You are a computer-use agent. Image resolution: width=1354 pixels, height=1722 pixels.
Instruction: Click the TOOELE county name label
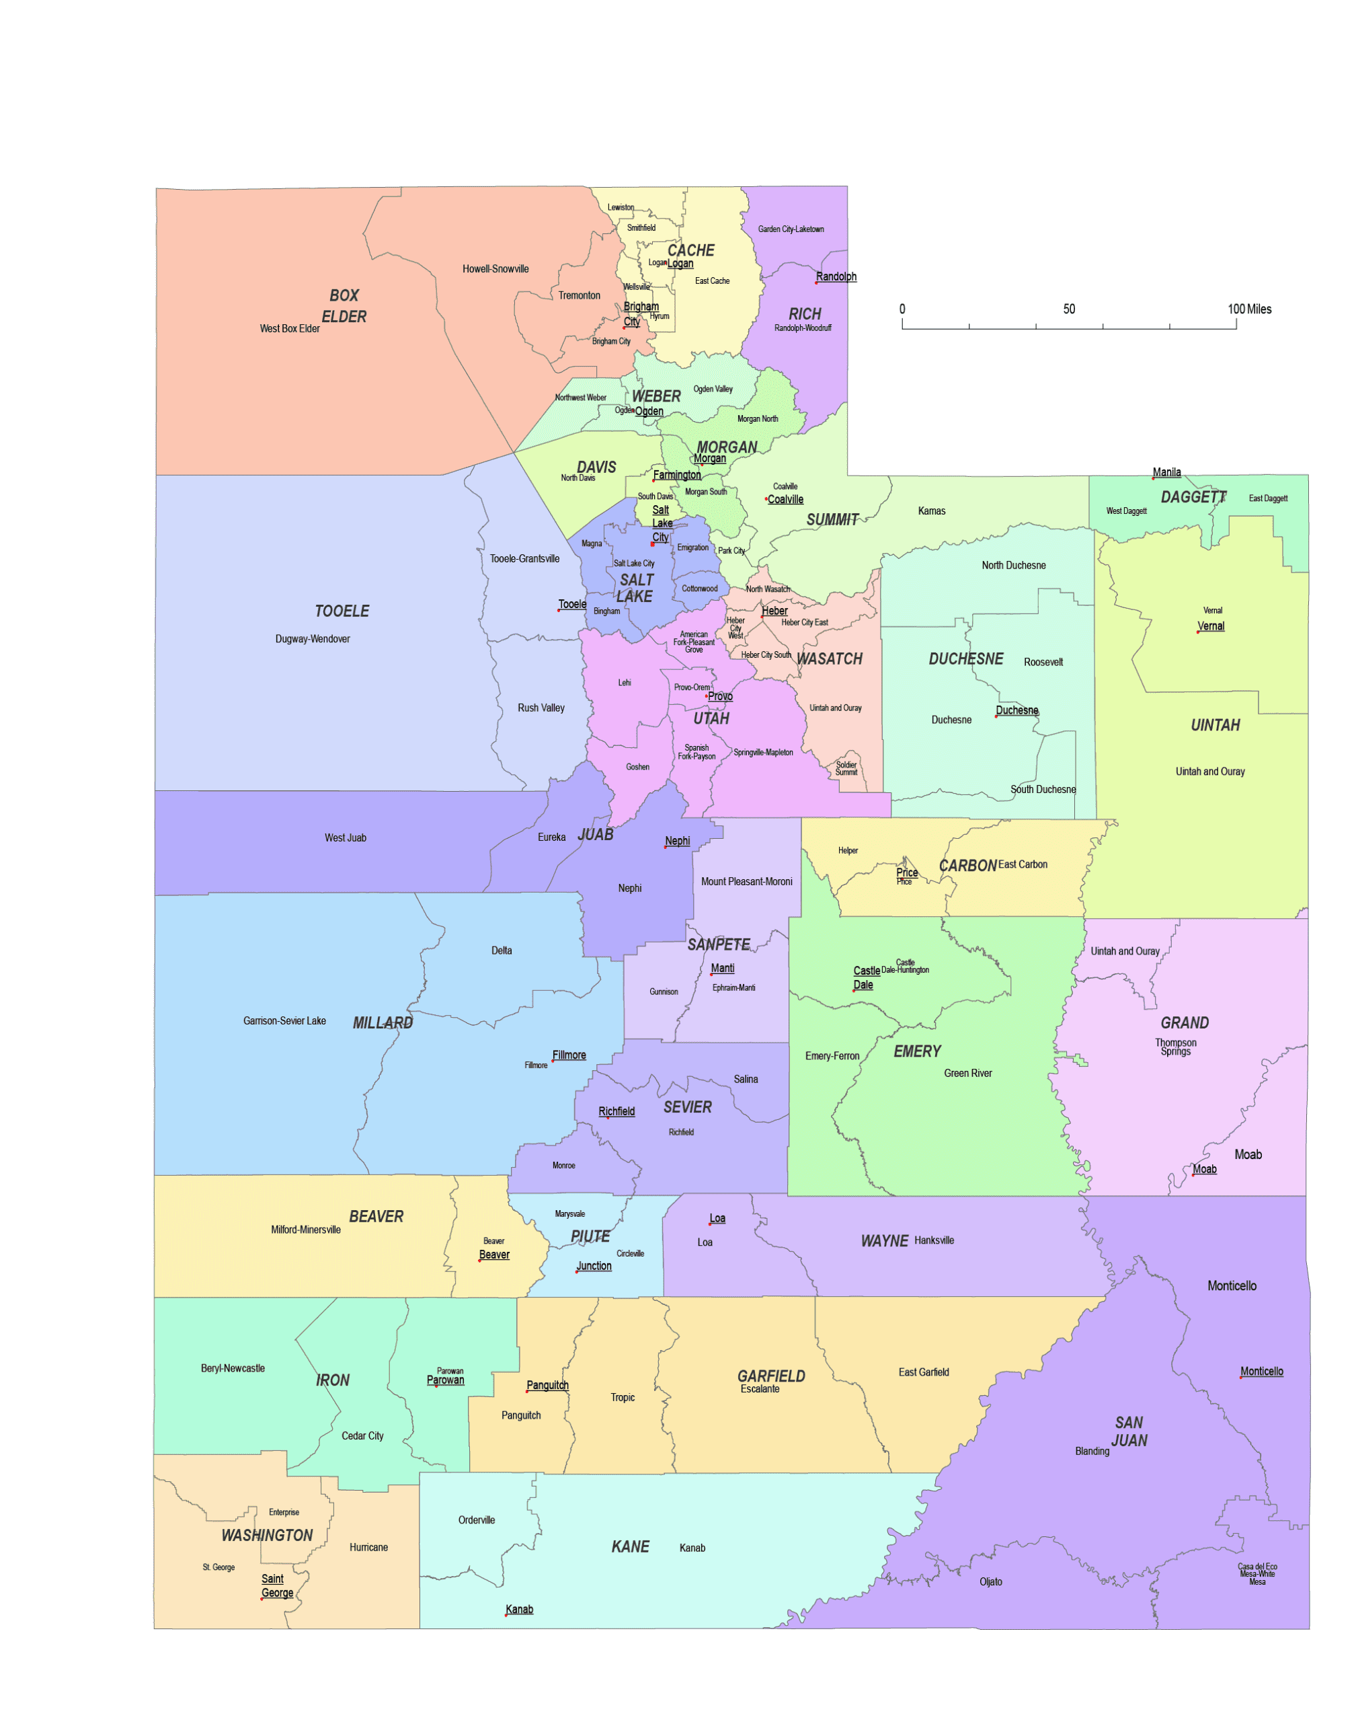point(342,611)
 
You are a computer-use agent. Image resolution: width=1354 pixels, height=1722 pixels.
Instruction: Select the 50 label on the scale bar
point(1069,309)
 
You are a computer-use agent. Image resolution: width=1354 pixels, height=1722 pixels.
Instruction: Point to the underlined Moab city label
point(1204,1169)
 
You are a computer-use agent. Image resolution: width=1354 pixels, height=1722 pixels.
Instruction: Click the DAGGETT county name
point(1193,497)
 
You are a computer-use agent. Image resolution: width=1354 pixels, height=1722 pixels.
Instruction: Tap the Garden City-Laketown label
point(791,229)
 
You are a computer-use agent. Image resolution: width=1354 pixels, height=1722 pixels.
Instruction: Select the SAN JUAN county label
point(1129,1431)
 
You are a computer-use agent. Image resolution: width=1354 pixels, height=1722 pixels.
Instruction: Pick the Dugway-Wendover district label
point(313,638)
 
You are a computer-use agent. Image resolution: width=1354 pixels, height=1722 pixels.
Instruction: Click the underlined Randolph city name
point(836,277)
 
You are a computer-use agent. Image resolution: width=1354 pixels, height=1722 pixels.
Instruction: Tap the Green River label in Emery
point(967,1073)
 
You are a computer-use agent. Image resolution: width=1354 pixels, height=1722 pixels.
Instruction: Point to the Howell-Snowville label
point(495,269)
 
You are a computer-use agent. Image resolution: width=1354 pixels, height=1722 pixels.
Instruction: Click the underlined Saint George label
point(277,1585)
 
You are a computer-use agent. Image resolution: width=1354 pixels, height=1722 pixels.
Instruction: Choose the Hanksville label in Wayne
point(934,1240)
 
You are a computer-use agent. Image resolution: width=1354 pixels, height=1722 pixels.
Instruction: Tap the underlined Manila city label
point(1166,472)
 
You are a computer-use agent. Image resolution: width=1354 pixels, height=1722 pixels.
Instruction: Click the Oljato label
point(990,1581)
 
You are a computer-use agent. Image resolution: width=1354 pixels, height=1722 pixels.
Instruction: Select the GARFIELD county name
point(770,1376)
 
